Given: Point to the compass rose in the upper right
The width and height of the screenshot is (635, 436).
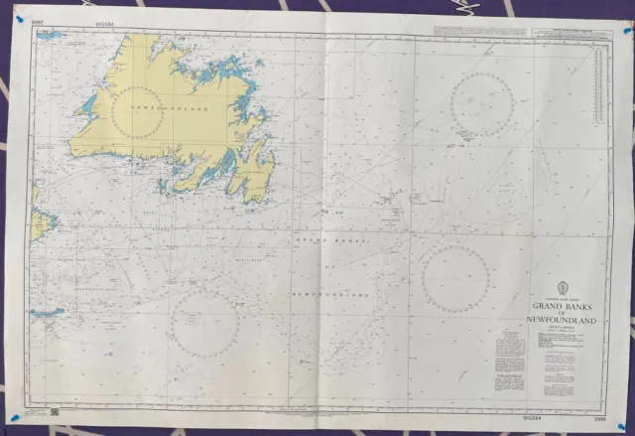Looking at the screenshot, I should [481, 104].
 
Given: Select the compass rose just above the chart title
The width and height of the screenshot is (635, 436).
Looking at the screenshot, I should [455, 277].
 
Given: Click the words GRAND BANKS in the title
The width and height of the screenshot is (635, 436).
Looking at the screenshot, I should [561, 306].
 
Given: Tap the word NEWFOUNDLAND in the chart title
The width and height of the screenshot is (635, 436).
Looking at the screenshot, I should [561, 322].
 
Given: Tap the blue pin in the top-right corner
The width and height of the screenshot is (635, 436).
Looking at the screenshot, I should [625, 32].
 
